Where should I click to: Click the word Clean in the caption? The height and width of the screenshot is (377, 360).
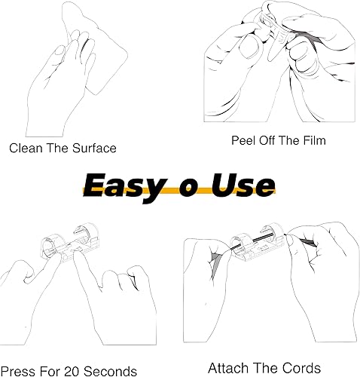coord(26,149)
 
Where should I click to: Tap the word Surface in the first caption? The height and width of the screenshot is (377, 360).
coord(93,149)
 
